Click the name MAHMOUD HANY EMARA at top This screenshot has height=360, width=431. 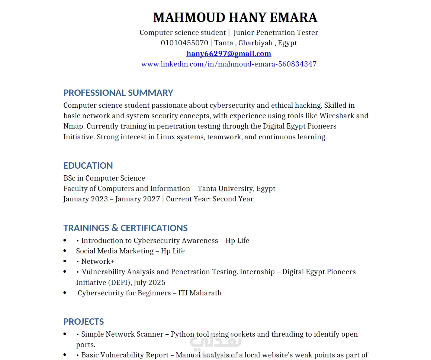point(235,17)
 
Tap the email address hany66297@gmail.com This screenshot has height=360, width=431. point(229,53)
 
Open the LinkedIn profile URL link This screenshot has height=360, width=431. point(229,64)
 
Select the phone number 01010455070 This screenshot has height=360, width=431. point(184,43)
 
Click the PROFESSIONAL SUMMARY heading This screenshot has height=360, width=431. point(118,93)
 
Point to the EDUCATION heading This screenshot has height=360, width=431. point(88,165)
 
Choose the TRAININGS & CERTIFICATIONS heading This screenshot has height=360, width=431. point(125,228)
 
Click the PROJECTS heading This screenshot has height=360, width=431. point(84,321)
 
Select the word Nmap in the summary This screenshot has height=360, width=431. point(74,126)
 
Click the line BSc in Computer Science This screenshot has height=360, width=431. point(104,178)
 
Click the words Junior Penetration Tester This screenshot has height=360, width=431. point(276,32)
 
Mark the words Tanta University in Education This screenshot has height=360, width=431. point(226,188)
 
